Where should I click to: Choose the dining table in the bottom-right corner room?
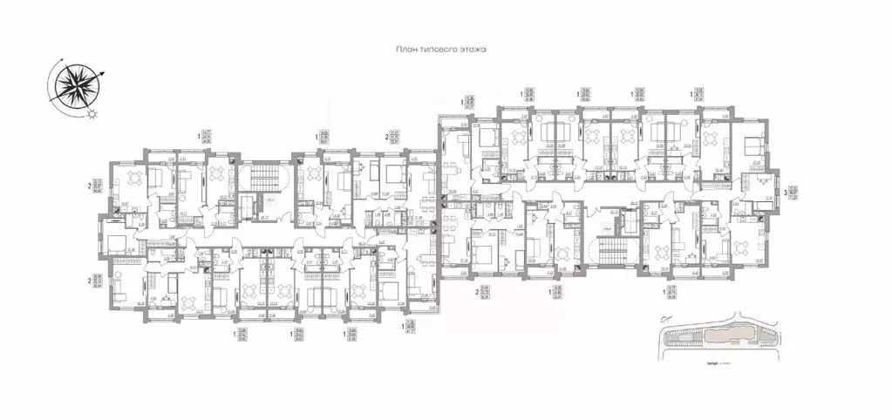[x=744, y=248]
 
